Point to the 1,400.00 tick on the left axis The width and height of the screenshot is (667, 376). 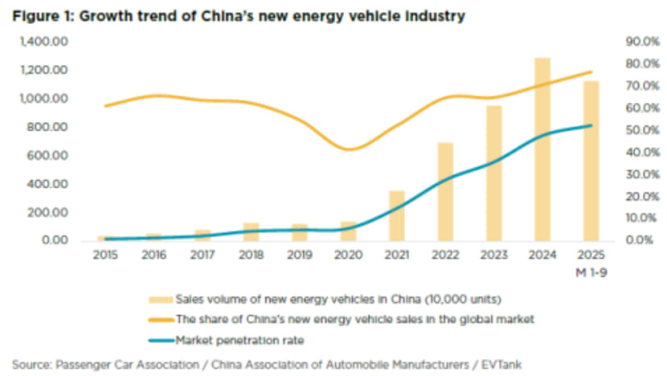pyautogui.click(x=51, y=42)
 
